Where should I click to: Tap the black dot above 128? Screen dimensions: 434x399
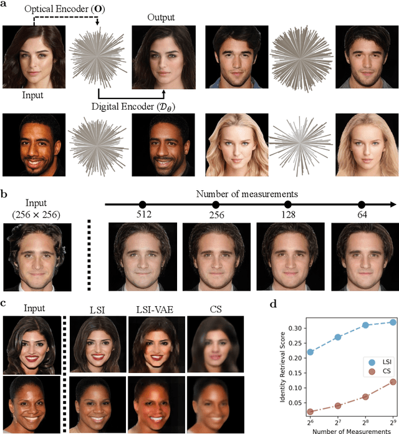[x=288, y=205]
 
